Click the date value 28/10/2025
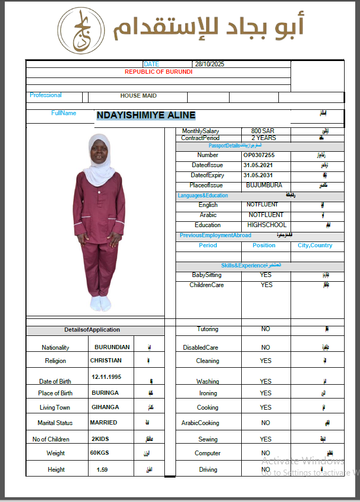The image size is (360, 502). [x=210, y=64]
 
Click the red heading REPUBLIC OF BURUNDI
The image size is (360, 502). [x=159, y=72]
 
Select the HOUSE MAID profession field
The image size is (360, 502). [x=138, y=96]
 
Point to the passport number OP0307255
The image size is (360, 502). [x=259, y=155]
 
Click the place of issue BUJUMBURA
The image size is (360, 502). [x=264, y=185]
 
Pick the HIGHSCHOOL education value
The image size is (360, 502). [x=267, y=225]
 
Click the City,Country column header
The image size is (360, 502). [x=315, y=245]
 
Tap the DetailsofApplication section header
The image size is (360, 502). [x=92, y=330]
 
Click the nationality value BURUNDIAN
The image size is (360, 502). [x=112, y=347]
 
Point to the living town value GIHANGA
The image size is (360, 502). [x=104, y=407]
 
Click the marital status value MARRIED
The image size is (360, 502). [x=103, y=422]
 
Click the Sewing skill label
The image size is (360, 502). [x=208, y=439]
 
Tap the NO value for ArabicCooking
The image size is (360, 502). [x=266, y=423]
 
